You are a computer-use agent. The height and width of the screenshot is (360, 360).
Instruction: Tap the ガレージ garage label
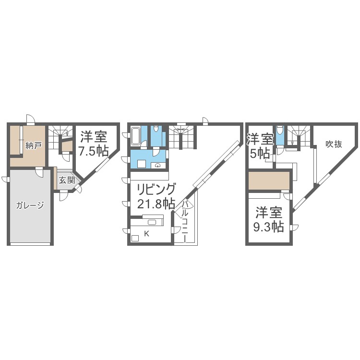pos(30,205)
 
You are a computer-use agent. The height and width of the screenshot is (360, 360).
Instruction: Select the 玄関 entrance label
pos(67,180)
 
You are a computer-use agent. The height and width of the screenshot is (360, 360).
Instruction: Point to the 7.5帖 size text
pos(93,151)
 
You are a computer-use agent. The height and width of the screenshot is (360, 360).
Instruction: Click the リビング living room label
pos(157,190)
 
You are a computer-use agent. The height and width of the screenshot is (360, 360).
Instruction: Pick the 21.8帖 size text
pos(156,204)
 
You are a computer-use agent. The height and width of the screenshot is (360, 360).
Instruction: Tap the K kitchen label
pos(146,234)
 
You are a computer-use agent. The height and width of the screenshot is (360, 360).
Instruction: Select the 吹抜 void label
pos(334,144)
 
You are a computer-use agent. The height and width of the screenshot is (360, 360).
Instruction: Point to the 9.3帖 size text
pos(269,227)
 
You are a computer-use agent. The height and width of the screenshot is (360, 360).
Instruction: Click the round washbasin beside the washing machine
pos(158,165)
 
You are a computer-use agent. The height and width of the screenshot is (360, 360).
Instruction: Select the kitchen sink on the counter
pos(152,222)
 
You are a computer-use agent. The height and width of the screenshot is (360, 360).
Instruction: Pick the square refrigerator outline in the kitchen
pos(135,238)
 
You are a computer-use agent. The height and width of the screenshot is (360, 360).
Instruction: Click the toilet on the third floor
pos(279,131)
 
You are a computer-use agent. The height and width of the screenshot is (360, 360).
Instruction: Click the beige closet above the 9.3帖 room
pos(269,180)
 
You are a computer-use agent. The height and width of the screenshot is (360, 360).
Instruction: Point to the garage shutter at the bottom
pos(30,244)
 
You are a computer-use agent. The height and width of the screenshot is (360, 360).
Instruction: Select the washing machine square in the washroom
pos(141,164)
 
